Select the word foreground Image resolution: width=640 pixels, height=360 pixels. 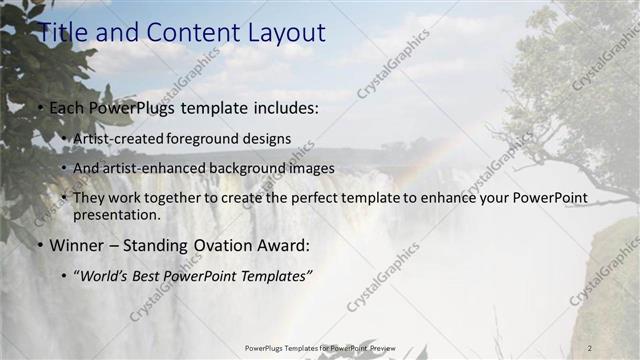coord(204,138)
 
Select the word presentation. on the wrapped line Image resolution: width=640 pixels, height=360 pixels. coord(116,214)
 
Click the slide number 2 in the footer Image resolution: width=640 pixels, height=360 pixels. coord(590,347)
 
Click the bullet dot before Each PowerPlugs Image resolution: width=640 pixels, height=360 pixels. coord(40,106)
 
